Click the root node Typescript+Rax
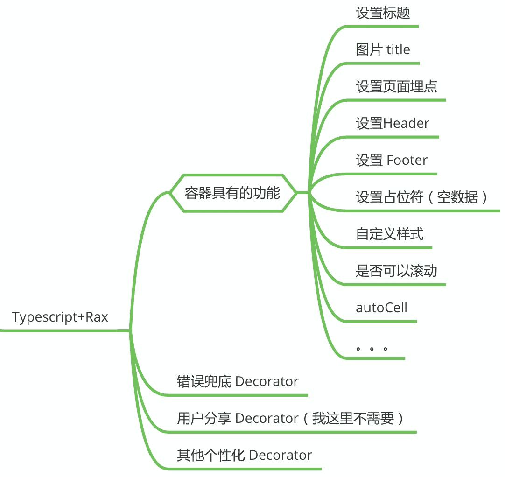(60, 317)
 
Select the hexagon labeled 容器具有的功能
(232, 193)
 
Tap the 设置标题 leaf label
(383, 13)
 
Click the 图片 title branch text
(383, 49)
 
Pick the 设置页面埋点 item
(396, 86)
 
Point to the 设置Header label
(392, 123)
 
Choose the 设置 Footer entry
(391, 160)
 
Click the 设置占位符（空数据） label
(422, 197)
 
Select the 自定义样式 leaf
(389, 234)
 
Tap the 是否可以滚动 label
(396, 271)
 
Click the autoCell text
(381, 308)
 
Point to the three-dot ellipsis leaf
(372, 348)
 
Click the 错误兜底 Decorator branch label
(238, 381)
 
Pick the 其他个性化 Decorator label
(244, 455)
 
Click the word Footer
(407, 160)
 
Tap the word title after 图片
(398, 49)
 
